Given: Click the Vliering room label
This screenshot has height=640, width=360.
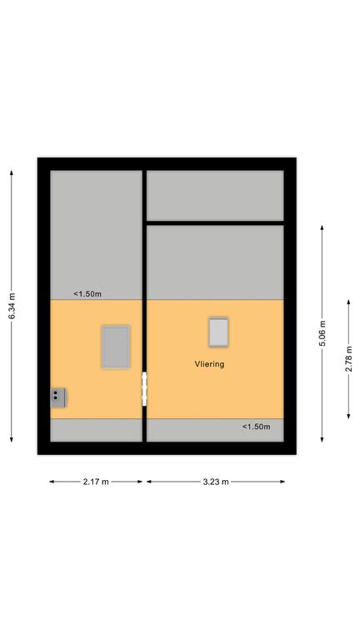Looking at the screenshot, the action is (x=209, y=363).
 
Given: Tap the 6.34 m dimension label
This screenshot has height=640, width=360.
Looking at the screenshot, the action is (x=12, y=306).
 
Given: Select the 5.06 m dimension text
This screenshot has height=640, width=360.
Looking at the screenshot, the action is (x=322, y=333).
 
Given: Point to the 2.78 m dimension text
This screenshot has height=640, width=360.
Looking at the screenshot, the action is (x=349, y=359).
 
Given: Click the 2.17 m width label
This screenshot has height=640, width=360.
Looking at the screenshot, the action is (x=96, y=482).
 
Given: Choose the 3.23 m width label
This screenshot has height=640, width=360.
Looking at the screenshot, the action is (x=216, y=482).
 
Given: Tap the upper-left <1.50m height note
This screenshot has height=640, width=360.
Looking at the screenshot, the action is (x=87, y=293).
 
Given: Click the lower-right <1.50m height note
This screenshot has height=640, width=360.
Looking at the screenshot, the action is (x=257, y=427).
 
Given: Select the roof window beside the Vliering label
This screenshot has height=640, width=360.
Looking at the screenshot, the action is (x=219, y=332).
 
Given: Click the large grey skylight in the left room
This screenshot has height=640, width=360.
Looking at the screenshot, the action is (x=116, y=347).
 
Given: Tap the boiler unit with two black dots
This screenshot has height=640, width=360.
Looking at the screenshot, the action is (x=58, y=397).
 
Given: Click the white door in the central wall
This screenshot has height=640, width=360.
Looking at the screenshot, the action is (x=144, y=389).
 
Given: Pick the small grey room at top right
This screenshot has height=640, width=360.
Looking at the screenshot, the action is (x=215, y=196).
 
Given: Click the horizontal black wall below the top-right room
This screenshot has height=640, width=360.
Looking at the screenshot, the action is (x=215, y=222).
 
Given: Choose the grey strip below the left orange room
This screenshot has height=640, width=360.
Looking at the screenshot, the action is (x=97, y=430).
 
